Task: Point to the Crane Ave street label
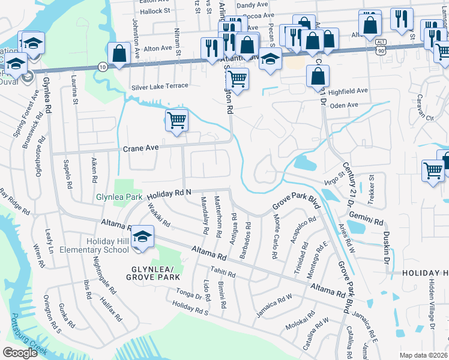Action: pyautogui.click(x=140, y=148)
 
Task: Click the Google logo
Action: pyautogui.click(x=20, y=352)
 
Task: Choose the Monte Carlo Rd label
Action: pyautogui.click(x=274, y=244)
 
